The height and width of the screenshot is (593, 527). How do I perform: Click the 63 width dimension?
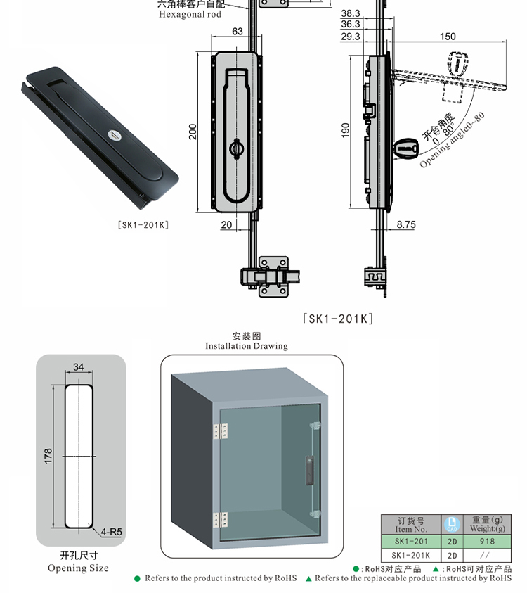237,32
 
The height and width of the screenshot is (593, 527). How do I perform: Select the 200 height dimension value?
193,132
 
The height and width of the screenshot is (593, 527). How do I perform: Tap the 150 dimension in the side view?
447,37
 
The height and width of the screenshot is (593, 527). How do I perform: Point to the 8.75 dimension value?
405,224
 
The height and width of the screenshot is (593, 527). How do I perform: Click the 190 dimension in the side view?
345,130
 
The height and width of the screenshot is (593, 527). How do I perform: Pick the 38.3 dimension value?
350,13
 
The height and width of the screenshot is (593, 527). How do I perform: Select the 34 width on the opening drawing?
78,366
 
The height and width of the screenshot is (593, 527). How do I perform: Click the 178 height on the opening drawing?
48,457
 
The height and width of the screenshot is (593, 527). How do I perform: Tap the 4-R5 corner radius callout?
112,532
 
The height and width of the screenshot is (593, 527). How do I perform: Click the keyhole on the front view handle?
236,148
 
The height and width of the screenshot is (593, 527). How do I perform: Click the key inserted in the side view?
405,149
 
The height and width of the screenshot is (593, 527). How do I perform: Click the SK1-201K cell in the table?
410,555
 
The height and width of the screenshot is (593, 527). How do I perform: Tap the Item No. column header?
410,525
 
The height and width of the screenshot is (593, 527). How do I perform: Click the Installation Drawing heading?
246,346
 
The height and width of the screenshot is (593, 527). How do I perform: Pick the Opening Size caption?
78,568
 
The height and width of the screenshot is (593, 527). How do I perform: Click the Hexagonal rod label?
190,14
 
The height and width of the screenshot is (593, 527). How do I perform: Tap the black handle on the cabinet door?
308,469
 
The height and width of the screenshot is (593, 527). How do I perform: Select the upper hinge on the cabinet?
220,431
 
